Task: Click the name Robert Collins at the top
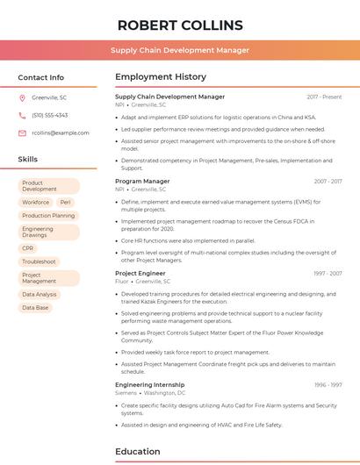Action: (180, 25)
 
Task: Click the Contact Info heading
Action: (41, 77)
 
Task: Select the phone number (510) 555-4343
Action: (49, 115)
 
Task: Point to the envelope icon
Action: (22, 132)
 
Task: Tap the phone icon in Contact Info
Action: (22, 115)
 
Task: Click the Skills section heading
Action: (28, 160)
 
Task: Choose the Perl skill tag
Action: (66, 202)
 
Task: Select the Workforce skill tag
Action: (36, 202)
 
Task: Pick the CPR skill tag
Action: (28, 248)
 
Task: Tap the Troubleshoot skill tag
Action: (39, 261)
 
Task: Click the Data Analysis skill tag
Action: (40, 295)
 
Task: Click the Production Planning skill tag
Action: (48, 215)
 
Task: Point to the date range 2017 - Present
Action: (324, 97)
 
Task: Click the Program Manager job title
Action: (142, 181)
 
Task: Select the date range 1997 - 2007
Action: (328, 273)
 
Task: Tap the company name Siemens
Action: (126, 393)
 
